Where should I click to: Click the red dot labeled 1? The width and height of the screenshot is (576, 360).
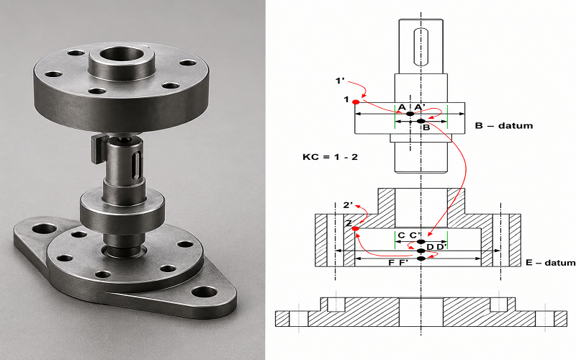point(356,102)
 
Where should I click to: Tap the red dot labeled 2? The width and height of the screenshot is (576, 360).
point(355,229)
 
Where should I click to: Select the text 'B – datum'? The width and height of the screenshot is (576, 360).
point(503,125)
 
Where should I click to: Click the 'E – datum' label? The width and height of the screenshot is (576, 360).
point(551,263)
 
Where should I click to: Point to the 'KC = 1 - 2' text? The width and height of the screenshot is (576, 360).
point(330,157)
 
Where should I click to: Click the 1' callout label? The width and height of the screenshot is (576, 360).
point(339,81)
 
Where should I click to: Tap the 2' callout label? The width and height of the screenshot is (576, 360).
point(348,205)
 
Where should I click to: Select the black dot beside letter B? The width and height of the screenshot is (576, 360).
point(421,121)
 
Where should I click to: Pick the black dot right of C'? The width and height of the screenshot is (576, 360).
point(421,242)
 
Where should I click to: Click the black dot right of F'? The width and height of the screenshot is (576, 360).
point(421,258)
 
